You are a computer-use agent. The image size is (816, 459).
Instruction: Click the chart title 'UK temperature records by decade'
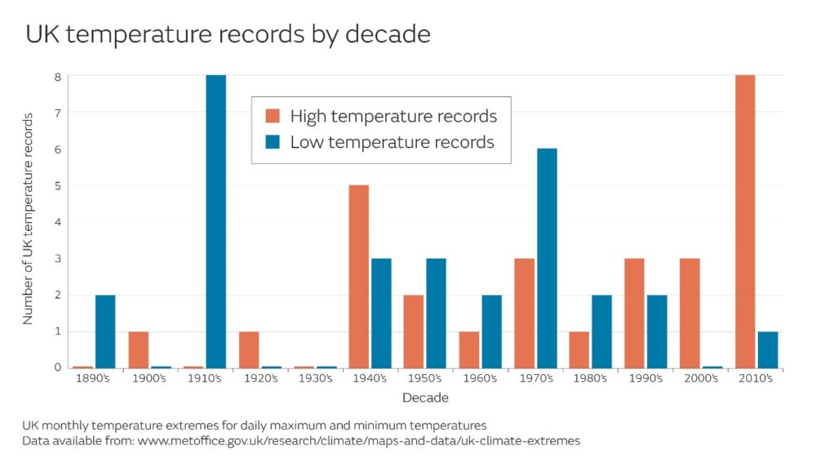228,34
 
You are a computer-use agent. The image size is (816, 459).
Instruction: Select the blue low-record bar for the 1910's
215,221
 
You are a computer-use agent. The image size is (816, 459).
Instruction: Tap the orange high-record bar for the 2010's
745,221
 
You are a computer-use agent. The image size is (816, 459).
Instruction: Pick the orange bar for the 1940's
358,276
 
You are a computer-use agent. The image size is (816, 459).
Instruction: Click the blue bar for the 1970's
547,258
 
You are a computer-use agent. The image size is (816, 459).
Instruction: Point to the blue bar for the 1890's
105,331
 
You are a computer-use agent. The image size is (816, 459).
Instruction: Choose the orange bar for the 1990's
634,313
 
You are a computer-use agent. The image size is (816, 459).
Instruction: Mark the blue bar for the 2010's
768,350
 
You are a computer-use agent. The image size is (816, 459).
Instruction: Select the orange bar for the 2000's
690,313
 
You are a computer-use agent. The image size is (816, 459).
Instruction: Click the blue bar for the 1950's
437,313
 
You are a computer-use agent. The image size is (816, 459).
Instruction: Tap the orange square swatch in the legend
273,115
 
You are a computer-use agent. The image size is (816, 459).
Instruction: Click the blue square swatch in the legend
273,142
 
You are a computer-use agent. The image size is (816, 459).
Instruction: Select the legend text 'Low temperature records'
392,142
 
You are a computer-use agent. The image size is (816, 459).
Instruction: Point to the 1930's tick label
315,379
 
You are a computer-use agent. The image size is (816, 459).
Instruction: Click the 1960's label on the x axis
481,379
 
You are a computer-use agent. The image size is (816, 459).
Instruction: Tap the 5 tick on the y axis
58,185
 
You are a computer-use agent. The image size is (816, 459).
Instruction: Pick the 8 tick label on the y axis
58,76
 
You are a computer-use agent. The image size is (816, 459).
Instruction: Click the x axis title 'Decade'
425,398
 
